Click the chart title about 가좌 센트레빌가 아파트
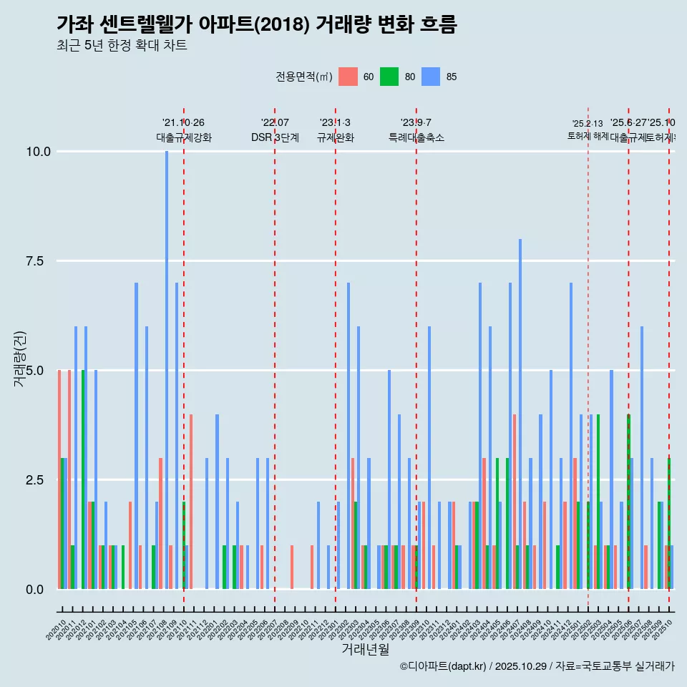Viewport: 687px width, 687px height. coord(256,24)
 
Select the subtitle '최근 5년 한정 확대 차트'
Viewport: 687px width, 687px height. coord(122,46)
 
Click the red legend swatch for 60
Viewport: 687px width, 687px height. coord(348,77)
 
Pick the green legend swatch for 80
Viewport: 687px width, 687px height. coord(389,77)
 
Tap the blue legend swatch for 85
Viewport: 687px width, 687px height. coord(431,77)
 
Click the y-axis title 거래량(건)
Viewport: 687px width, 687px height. coord(19,359)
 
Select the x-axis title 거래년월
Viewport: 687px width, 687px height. coord(365,649)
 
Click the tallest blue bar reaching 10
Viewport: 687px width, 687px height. coord(167,369)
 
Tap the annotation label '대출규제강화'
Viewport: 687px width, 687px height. coord(184,137)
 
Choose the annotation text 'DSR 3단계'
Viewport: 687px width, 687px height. coord(275,137)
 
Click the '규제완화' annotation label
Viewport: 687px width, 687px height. coord(336,137)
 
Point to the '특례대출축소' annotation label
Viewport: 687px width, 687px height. coord(416,137)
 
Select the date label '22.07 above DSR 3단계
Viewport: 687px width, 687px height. coord(275,123)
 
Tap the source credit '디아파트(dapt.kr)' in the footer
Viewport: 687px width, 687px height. coord(444,666)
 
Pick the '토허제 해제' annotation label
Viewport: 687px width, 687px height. coord(588,135)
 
